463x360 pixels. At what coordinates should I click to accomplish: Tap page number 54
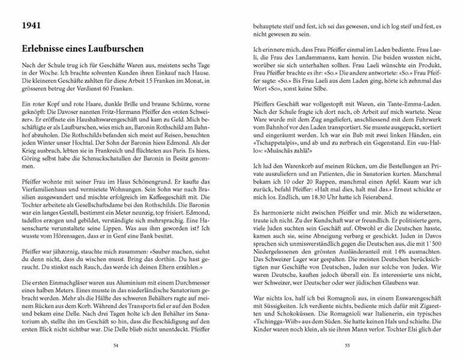pos(115,345)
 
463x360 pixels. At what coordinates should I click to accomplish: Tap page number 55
pos(347,345)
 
